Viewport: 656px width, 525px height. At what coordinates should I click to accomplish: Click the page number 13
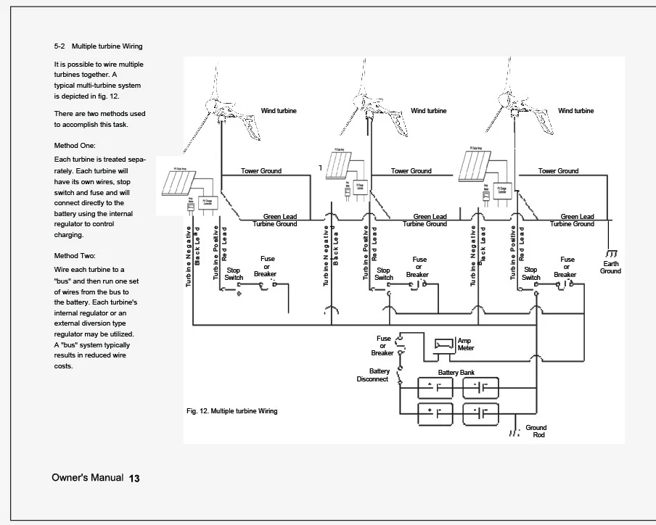coord(134,479)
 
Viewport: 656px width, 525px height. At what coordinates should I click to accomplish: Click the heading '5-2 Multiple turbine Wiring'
coord(98,46)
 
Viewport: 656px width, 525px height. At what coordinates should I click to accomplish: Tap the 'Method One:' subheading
coord(75,146)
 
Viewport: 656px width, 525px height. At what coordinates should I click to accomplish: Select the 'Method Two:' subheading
coord(75,255)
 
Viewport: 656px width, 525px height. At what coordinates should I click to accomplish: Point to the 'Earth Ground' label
coord(610,268)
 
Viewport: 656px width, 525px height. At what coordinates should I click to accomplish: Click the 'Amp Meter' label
coord(464,344)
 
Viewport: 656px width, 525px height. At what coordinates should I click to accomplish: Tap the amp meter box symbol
coord(443,344)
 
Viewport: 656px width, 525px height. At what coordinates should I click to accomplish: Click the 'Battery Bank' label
coord(456,371)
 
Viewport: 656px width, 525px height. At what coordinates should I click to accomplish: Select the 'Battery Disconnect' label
coord(374,375)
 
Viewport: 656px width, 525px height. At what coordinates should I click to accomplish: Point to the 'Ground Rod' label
coord(536,431)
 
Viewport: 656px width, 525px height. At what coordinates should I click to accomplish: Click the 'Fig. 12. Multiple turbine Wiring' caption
coord(231,411)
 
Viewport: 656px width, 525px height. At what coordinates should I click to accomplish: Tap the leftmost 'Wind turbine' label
coord(279,111)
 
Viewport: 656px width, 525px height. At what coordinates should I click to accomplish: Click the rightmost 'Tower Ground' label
coord(558,171)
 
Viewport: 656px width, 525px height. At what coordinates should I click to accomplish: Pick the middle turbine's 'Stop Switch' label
coord(383,274)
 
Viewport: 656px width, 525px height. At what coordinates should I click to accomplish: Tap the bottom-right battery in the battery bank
coord(480,413)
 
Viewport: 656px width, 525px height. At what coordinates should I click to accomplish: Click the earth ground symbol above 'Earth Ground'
coord(612,252)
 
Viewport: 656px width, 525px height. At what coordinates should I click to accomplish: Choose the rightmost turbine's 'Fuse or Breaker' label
coord(566,267)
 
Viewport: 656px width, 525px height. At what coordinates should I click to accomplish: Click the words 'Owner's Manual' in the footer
coord(87,479)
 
